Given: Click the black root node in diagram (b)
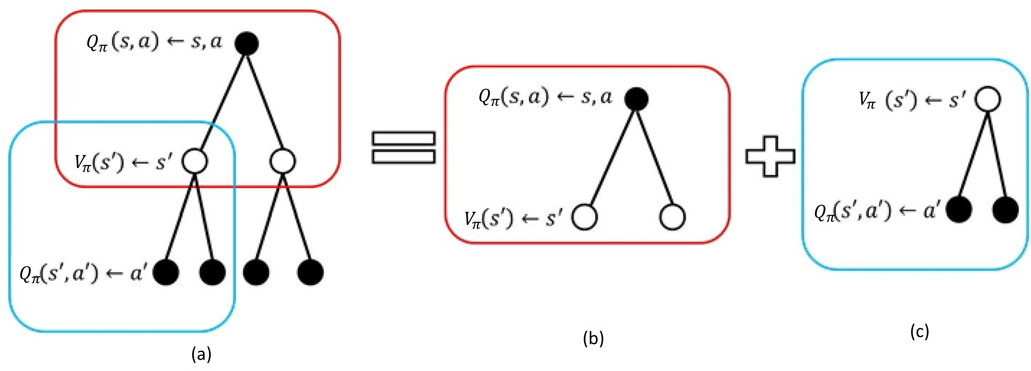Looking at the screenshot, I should [x=636, y=98].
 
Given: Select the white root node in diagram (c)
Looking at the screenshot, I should [x=988, y=99].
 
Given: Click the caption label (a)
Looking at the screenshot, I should [x=201, y=354].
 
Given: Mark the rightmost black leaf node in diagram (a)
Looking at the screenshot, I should [x=310, y=272].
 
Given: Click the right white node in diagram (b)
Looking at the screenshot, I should [x=672, y=217].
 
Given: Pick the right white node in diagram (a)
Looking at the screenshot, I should [x=283, y=161].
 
